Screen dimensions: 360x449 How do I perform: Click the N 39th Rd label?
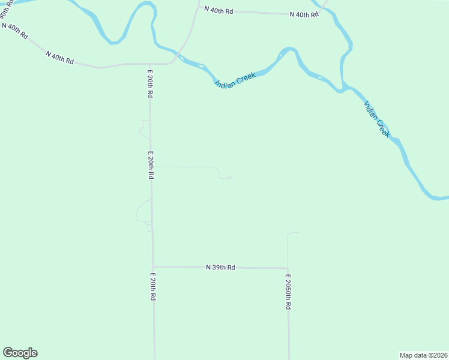220,267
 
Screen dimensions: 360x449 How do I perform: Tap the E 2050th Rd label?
288,292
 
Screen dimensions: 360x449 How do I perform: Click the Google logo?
20,353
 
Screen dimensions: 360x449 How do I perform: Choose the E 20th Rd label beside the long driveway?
151,166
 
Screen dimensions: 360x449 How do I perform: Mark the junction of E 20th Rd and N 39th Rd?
153,266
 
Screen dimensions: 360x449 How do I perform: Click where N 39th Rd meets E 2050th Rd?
288,268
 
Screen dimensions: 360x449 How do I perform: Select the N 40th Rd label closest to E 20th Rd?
59,58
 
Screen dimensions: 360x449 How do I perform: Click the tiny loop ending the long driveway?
229,177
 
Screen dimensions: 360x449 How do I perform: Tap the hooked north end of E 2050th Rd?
293,233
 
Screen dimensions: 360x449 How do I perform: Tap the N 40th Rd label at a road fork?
304,14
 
